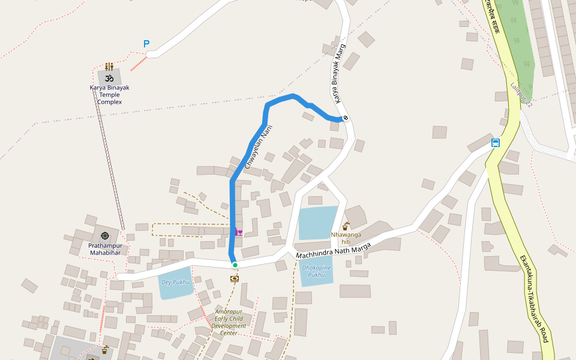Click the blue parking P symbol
[x=146, y=44]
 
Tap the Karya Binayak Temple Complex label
[x=110, y=95]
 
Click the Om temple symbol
[x=109, y=78]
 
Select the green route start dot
[x=235, y=265]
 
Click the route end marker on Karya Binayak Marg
[x=346, y=118]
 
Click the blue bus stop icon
[x=496, y=143]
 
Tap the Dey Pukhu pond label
[x=175, y=282]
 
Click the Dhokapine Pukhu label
[x=317, y=271]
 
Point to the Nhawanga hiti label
[x=346, y=238]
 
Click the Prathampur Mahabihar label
[x=105, y=249]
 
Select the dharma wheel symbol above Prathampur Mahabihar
[x=105, y=236]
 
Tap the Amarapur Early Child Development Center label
[x=229, y=322]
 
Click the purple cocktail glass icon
[x=239, y=232]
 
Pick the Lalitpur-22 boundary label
[x=521, y=95]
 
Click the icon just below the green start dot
[x=235, y=278]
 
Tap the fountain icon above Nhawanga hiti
[x=346, y=226]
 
